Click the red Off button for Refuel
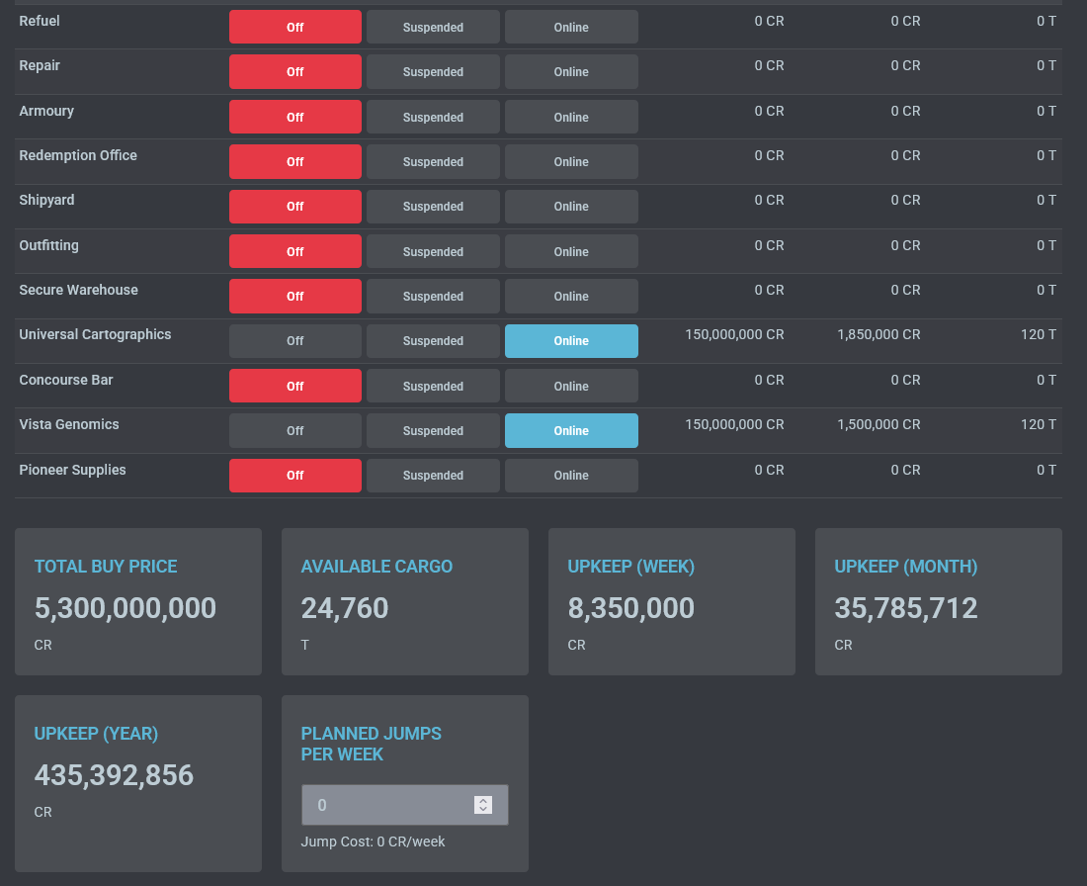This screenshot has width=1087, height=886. (294, 27)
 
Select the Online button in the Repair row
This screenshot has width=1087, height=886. (571, 72)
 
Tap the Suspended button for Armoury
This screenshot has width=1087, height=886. (433, 117)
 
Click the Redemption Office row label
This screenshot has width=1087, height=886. (78, 155)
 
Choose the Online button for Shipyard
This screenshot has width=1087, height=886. (571, 207)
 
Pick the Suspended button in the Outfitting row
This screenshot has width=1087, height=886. (433, 251)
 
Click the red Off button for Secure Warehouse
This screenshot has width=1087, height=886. (294, 297)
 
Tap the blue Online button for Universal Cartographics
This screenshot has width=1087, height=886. (571, 341)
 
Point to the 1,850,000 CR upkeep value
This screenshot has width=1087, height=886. (878, 334)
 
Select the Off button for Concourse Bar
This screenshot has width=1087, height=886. (294, 386)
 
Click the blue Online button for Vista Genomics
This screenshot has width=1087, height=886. (571, 431)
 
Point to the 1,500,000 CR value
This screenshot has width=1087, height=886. (878, 424)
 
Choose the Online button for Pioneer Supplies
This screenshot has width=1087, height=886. (571, 476)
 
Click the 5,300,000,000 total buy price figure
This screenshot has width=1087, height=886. (125, 607)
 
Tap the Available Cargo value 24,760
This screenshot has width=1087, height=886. (345, 607)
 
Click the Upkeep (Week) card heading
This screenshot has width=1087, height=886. (630, 567)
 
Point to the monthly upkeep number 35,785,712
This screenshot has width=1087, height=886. (906, 607)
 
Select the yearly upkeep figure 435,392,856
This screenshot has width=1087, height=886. (114, 774)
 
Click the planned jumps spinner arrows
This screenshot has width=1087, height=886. (483, 805)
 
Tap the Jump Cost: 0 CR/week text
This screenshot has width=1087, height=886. (373, 842)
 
